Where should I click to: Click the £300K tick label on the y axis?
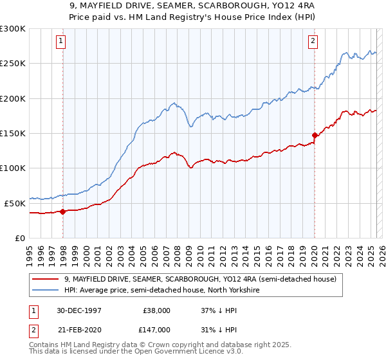(13, 29)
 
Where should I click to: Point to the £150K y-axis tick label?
(13, 133)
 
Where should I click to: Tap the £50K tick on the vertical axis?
(15, 203)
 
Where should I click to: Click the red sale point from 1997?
(63, 212)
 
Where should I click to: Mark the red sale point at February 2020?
(315, 135)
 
